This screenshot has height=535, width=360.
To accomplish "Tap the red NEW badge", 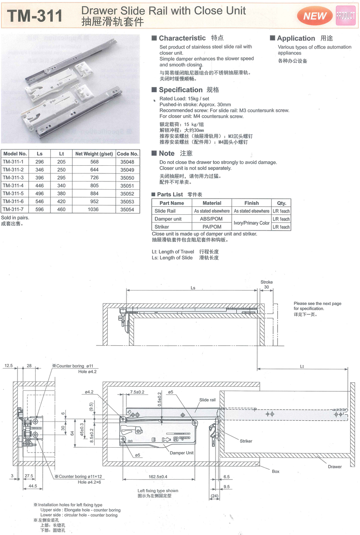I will point(315,16).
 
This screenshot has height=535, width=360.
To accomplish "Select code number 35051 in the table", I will point(127,185).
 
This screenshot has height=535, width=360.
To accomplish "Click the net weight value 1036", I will point(94,209).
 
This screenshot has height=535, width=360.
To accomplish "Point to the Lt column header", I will point(61,154).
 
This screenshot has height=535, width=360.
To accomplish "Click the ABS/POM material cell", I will point(212,219).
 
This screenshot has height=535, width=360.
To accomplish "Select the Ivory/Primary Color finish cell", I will point(252,223).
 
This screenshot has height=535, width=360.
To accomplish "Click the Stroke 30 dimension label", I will point(266,285).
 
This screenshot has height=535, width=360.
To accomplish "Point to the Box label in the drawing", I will point(275,471).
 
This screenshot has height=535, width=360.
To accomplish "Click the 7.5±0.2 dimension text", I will point(137,392).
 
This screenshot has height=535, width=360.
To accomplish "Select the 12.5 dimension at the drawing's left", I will point(9,366).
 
